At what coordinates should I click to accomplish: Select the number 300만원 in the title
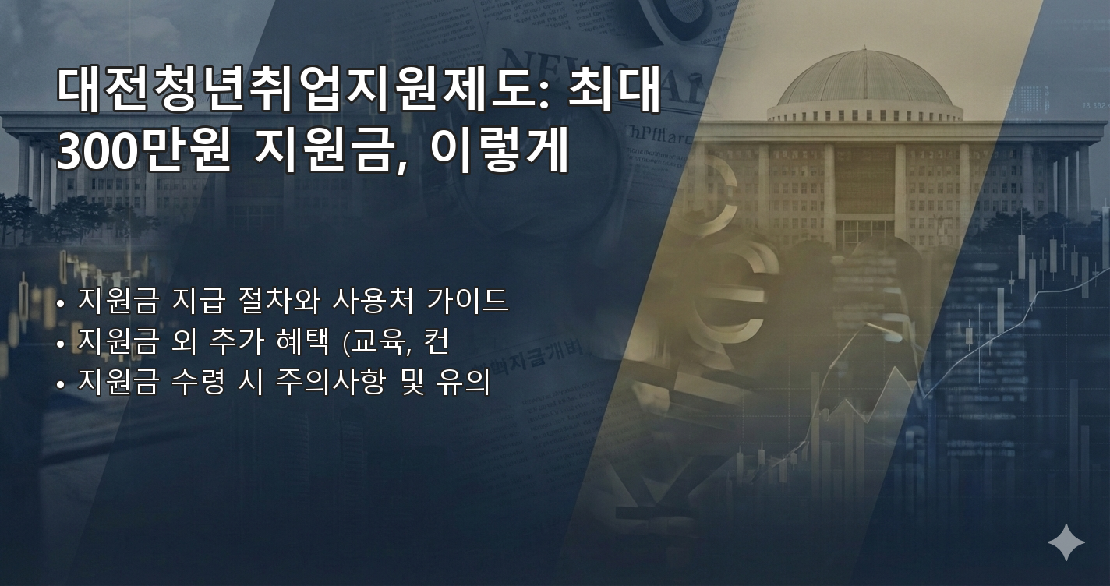point(143,153)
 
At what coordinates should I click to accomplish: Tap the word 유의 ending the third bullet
point(468,383)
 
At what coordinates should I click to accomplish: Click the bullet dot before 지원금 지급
point(61,302)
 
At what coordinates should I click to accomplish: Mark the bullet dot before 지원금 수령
point(61,384)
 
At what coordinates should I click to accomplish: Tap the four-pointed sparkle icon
point(1066,542)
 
